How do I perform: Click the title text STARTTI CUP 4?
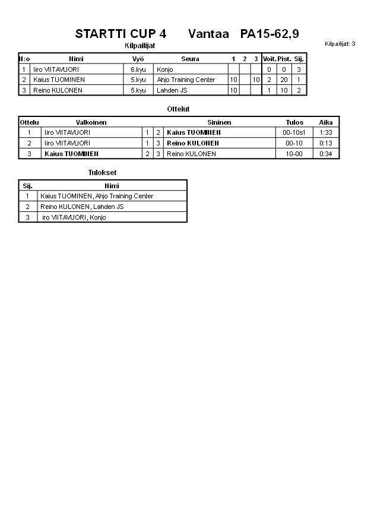tap(121, 34)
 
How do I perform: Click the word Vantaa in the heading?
tap(208, 34)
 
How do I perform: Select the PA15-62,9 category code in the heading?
tap(270, 34)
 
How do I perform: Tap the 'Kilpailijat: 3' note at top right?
tap(340, 44)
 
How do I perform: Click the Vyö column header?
tap(138, 59)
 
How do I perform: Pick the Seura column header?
tap(190, 59)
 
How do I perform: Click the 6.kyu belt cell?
tap(138, 69)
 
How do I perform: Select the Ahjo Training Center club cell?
tap(186, 80)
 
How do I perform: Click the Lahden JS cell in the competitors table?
tap(172, 90)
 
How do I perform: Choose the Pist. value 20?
tap(284, 80)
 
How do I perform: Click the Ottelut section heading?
tap(178, 109)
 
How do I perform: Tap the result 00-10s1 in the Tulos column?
tap(294, 132)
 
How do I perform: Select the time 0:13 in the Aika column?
tap(326, 143)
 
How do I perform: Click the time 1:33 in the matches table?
tap(326, 132)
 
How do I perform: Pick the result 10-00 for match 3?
tap(294, 154)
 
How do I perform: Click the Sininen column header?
tap(219, 122)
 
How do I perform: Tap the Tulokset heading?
tap(102, 173)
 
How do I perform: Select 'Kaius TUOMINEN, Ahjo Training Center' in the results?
tap(97, 196)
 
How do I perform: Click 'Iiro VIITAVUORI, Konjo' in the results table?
tap(74, 217)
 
